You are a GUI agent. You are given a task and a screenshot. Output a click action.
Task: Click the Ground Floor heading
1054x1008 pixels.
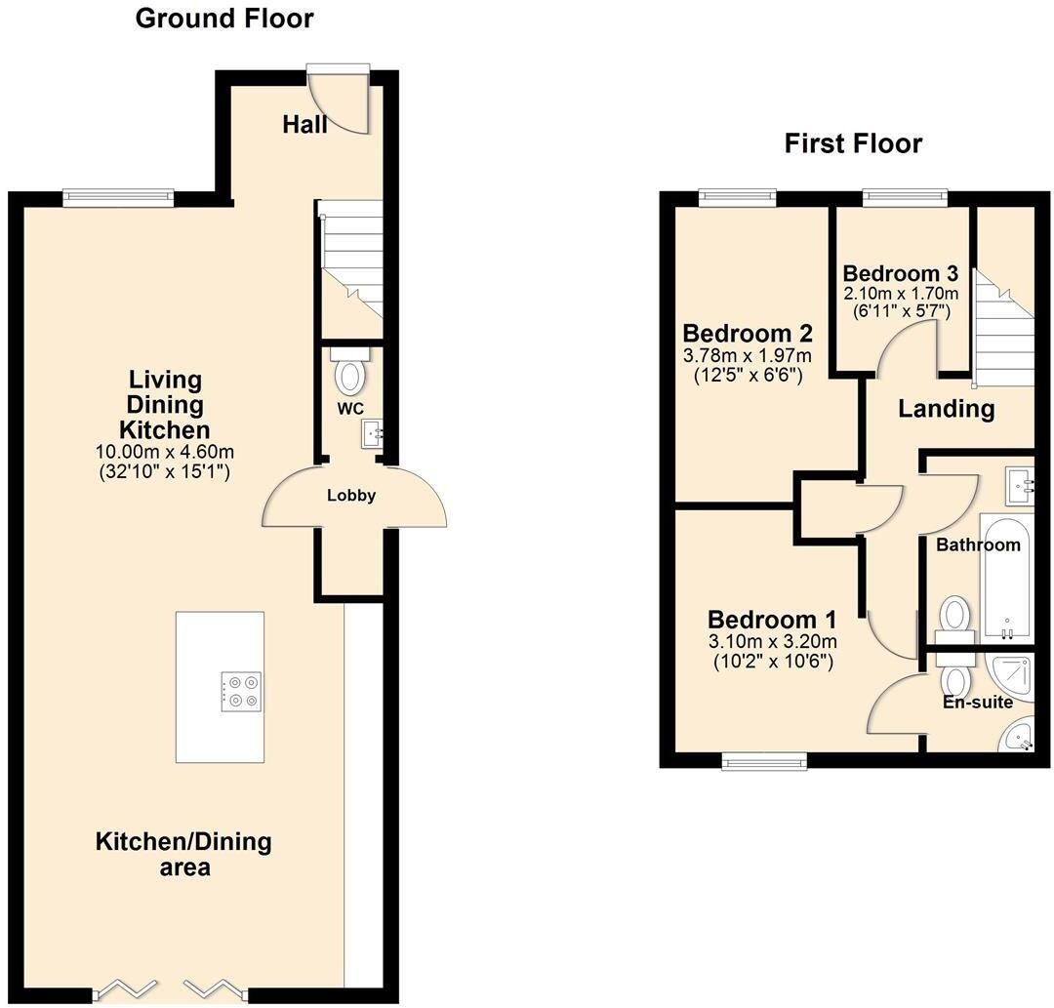[224, 19]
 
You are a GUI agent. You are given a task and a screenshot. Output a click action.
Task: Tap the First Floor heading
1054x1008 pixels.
[853, 143]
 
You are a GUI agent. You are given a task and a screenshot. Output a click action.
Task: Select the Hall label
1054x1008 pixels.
[304, 124]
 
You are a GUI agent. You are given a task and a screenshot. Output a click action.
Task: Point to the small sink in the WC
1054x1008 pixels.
[372, 433]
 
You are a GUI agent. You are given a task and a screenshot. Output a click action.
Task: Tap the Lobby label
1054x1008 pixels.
[351, 496]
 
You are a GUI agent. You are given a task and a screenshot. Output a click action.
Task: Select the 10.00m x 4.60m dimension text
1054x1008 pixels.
[165, 452]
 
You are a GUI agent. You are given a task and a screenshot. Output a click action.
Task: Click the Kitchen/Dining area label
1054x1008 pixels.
[183, 854]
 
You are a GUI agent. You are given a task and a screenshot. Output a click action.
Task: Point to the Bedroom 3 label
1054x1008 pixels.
[900, 273]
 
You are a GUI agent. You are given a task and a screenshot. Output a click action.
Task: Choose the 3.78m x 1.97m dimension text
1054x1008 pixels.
[748, 355]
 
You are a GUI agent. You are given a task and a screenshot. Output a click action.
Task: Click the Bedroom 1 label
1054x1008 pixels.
[772, 619]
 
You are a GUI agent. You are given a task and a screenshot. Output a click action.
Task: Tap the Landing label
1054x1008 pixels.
[947, 409]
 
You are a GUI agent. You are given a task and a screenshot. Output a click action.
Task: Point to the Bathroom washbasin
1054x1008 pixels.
[1020, 486]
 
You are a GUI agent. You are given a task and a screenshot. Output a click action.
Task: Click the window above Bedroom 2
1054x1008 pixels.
[738, 197]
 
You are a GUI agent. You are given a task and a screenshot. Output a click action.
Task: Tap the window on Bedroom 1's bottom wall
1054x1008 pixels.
[764, 761]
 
